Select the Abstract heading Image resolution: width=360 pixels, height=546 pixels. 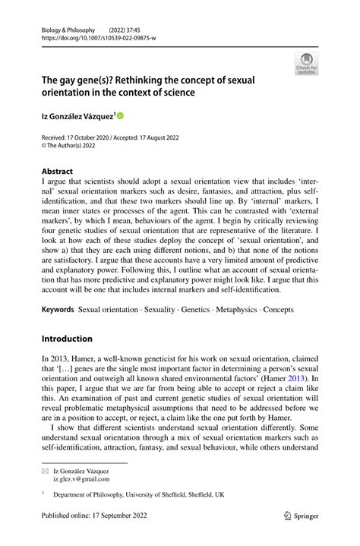coord(58,172)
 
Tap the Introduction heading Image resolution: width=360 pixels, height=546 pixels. coord(67,339)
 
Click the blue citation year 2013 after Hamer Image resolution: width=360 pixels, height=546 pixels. coord(301,377)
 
